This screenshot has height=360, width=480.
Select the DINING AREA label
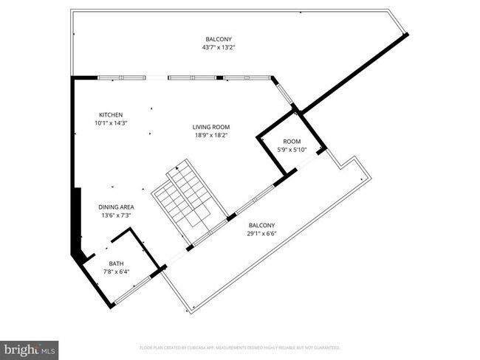[x=117, y=207]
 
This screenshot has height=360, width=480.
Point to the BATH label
[x=117, y=263]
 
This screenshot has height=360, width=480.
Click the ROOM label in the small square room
[x=292, y=141]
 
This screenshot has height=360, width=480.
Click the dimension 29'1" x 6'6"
[x=262, y=235]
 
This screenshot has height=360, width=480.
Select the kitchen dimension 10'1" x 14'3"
[x=112, y=123]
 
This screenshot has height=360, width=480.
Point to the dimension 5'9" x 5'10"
[x=292, y=150]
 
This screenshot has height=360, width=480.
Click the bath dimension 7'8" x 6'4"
[x=117, y=272]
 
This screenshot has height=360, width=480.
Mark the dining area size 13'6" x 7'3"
[x=117, y=216]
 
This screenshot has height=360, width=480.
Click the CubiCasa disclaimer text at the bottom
[x=239, y=347]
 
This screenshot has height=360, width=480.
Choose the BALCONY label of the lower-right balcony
[x=262, y=226]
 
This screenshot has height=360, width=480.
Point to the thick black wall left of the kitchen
[x=73, y=148]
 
